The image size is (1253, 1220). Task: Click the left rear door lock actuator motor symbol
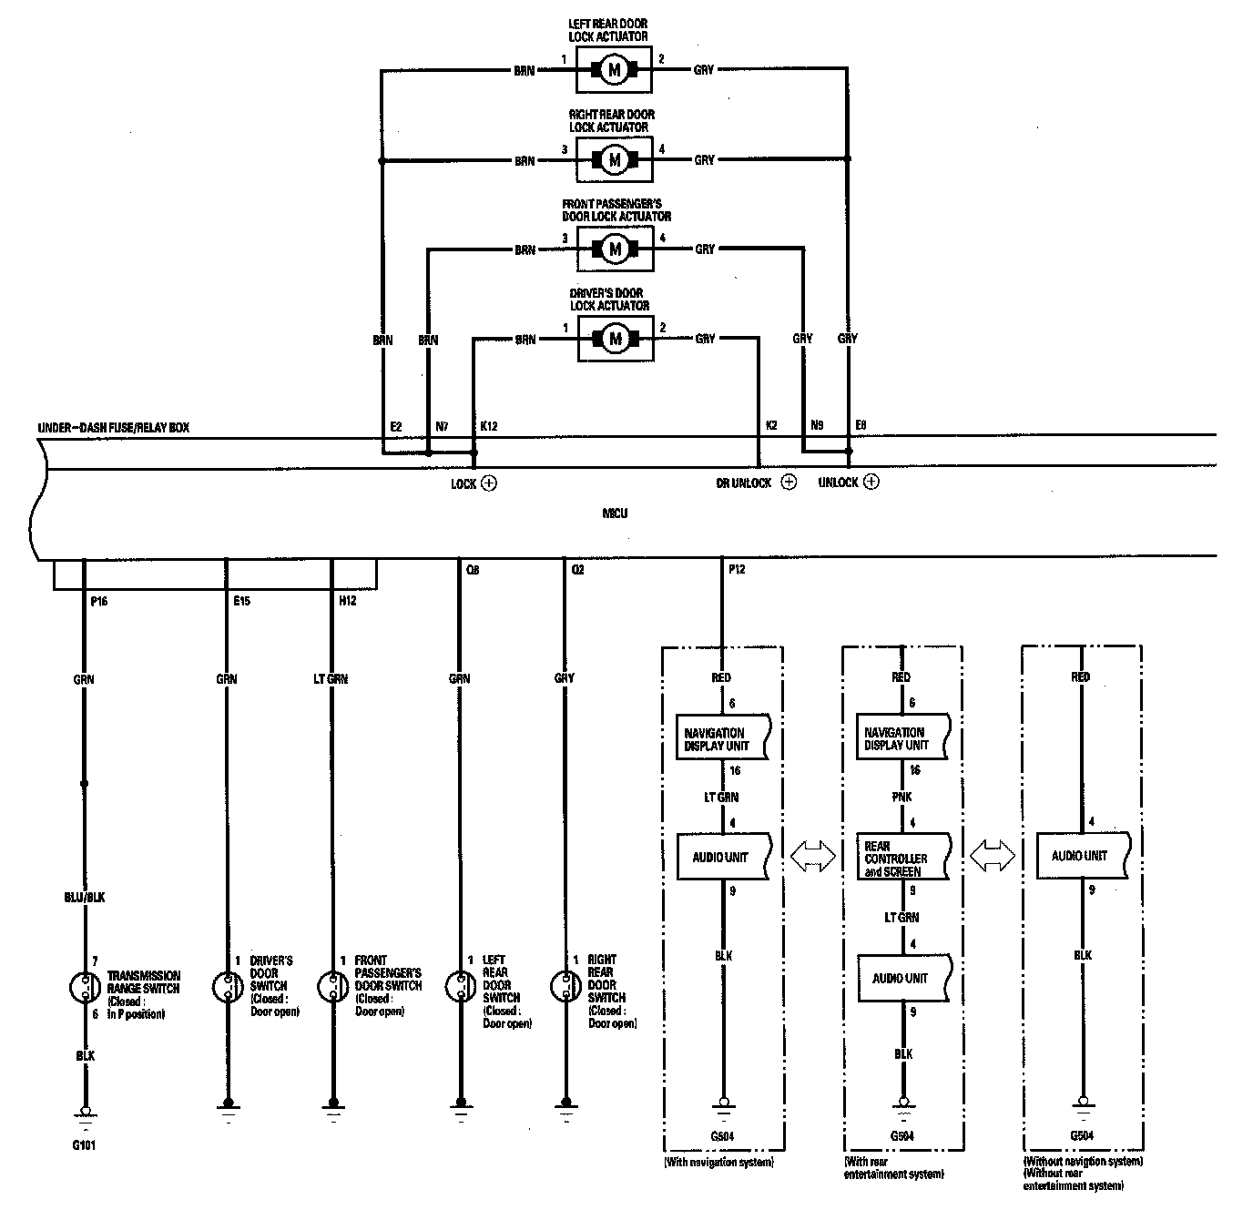click(x=614, y=69)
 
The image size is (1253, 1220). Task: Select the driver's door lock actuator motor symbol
click(x=614, y=339)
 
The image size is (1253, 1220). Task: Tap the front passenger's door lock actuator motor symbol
click(x=614, y=249)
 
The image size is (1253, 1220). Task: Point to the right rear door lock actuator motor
click(x=614, y=159)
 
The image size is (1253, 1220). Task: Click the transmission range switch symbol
click(x=85, y=987)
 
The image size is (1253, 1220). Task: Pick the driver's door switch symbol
click(x=227, y=986)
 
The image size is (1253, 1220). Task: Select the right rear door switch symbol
click(x=565, y=985)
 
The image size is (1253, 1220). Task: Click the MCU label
click(x=615, y=513)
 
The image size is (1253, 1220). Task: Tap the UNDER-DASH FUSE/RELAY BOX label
click(x=114, y=427)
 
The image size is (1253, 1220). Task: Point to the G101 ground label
click(x=84, y=1145)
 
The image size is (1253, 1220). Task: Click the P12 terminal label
click(x=737, y=570)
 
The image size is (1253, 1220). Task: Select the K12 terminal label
click(x=489, y=426)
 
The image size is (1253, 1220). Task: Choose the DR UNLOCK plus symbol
click(x=789, y=483)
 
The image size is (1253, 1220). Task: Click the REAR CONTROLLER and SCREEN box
click(x=902, y=858)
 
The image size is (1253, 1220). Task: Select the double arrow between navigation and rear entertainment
click(x=812, y=856)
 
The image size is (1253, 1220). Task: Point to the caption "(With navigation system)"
click(x=719, y=1163)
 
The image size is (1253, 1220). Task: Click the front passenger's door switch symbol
click(x=331, y=986)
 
